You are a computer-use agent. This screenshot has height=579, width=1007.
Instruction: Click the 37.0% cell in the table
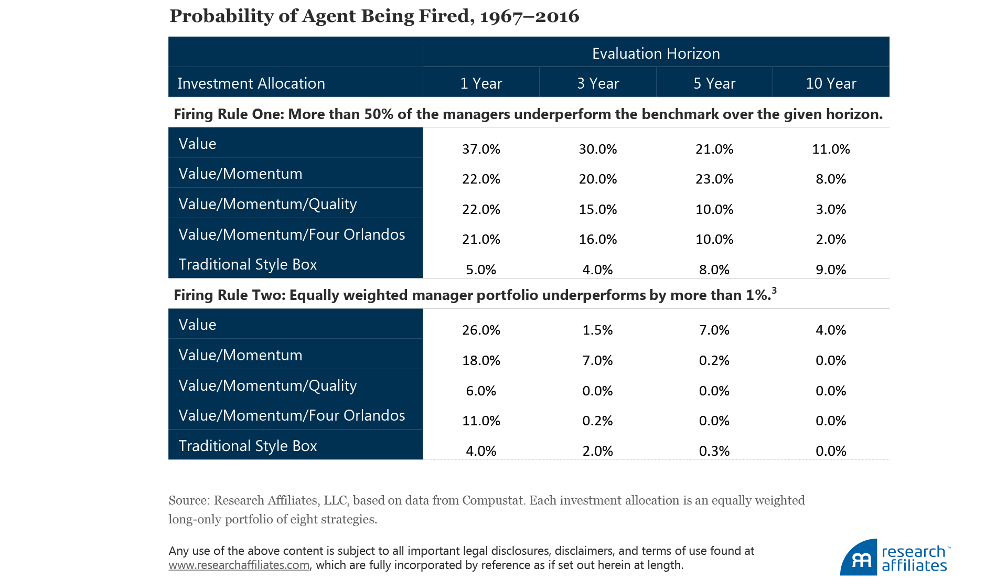[481, 149]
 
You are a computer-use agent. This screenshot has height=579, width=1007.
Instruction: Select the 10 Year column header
[831, 83]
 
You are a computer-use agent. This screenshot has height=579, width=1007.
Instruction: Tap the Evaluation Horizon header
[656, 53]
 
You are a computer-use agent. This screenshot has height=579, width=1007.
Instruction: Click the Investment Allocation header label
[251, 83]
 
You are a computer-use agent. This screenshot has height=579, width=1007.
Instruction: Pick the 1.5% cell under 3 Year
[597, 330]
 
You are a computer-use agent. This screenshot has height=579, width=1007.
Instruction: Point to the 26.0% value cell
[481, 330]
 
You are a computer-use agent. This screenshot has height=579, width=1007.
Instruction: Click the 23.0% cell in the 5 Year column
[714, 179]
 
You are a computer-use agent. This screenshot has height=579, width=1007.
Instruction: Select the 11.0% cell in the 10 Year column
[831, 149]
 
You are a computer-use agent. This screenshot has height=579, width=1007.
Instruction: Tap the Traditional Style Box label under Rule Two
[248, 446]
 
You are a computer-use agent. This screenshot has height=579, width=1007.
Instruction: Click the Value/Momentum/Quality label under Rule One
[267, 204]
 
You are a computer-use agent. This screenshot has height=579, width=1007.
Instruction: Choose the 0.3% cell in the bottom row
[714, 451]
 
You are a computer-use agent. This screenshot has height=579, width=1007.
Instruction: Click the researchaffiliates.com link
[239, 565]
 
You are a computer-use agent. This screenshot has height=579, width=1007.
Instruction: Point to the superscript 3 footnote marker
[774, 291]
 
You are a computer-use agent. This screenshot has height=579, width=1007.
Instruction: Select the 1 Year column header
[481, 83]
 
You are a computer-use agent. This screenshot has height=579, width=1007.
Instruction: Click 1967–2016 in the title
[529, 16]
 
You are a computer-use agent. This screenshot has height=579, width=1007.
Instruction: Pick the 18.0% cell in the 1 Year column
[481, 360]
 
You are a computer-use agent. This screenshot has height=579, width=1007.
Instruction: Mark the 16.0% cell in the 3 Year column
[597, 239]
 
